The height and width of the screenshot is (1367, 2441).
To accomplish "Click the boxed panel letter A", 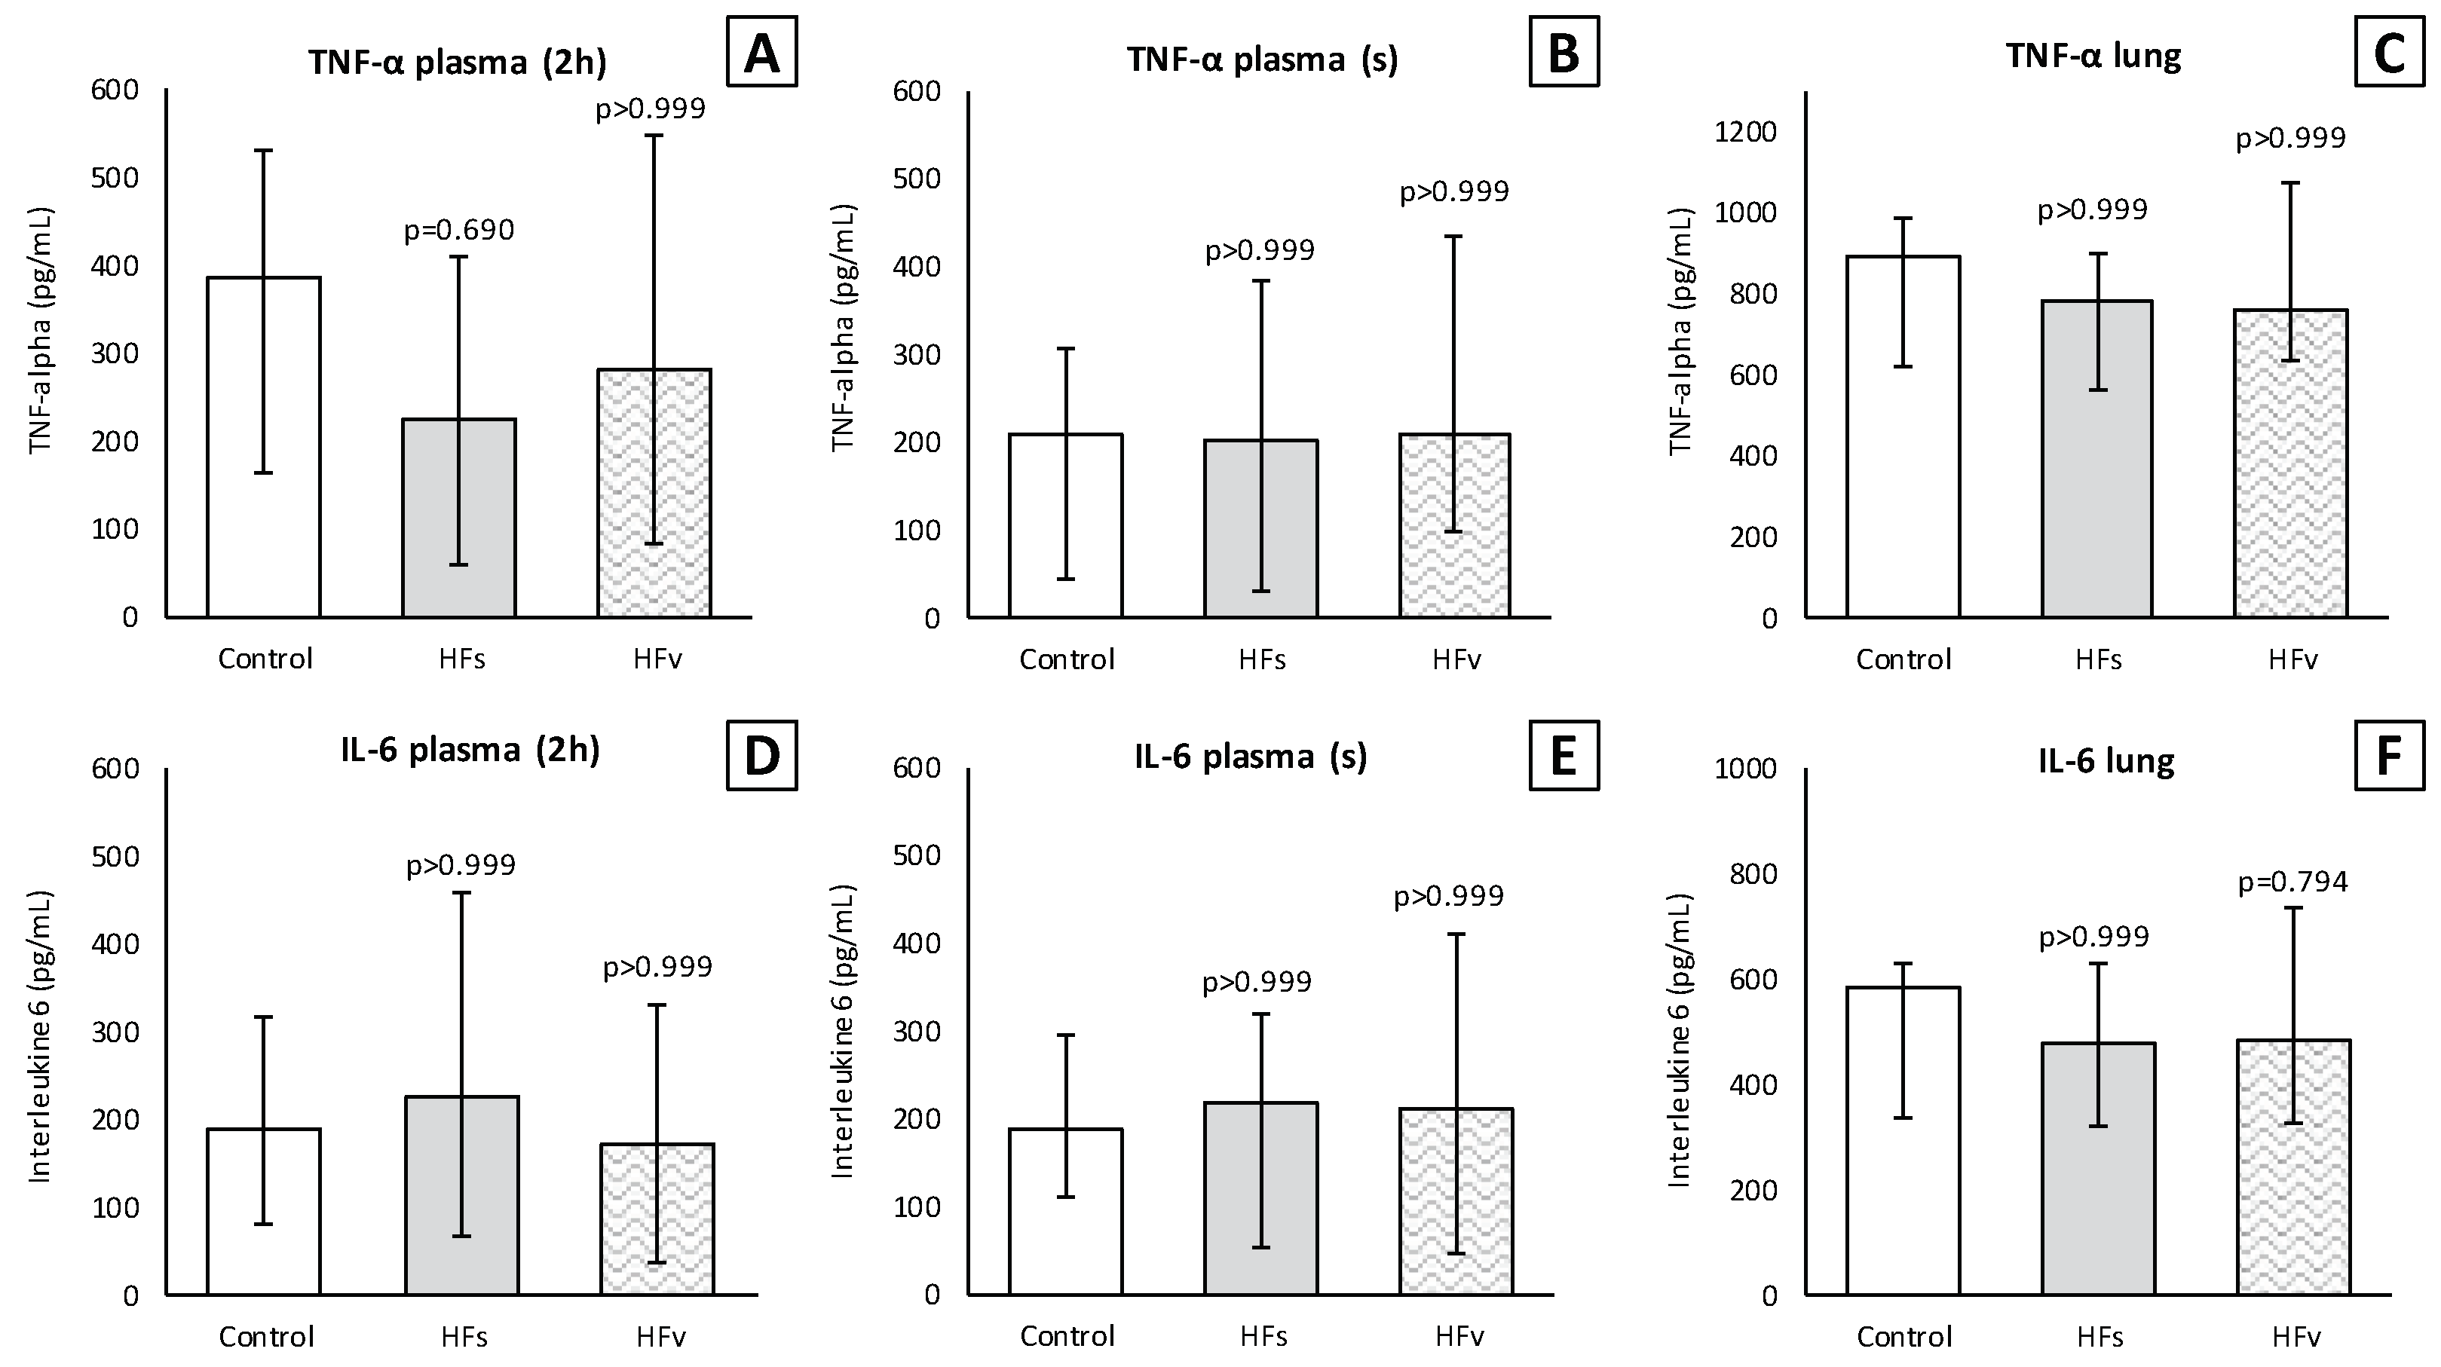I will [x=762, y=52].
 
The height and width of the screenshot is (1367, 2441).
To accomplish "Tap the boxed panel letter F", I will [x=2389, y=756].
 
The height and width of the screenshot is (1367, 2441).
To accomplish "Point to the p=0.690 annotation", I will [x=460, y=230].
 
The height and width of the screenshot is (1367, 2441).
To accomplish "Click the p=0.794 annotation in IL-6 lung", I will [x=2293, y=882].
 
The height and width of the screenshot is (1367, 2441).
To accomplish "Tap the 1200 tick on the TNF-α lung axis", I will [x=1745, y=132].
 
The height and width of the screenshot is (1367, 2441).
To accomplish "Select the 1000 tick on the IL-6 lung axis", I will [x=1745, y=769].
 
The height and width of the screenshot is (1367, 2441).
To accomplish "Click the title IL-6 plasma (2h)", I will [x=470, y=749].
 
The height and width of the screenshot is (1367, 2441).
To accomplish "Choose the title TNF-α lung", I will [x=2093, y=56].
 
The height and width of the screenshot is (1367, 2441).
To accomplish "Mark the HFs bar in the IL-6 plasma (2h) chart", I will [x=461, y=1195].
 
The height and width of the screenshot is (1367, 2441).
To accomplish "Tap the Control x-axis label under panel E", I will [x=1067, y=1337].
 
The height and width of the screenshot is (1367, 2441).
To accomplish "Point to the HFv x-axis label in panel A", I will [x=657, y=659].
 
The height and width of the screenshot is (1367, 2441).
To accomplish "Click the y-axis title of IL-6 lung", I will [x=1679, y=1038].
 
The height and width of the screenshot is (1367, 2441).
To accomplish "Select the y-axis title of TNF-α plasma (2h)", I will [x=41, y=332].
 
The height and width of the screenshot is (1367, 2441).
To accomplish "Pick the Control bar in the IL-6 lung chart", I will [x=1903, y=1141].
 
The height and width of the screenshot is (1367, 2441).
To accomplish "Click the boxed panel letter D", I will [x=762, y=756].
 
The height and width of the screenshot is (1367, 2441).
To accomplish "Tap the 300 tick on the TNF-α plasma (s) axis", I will [x=917, y=355].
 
